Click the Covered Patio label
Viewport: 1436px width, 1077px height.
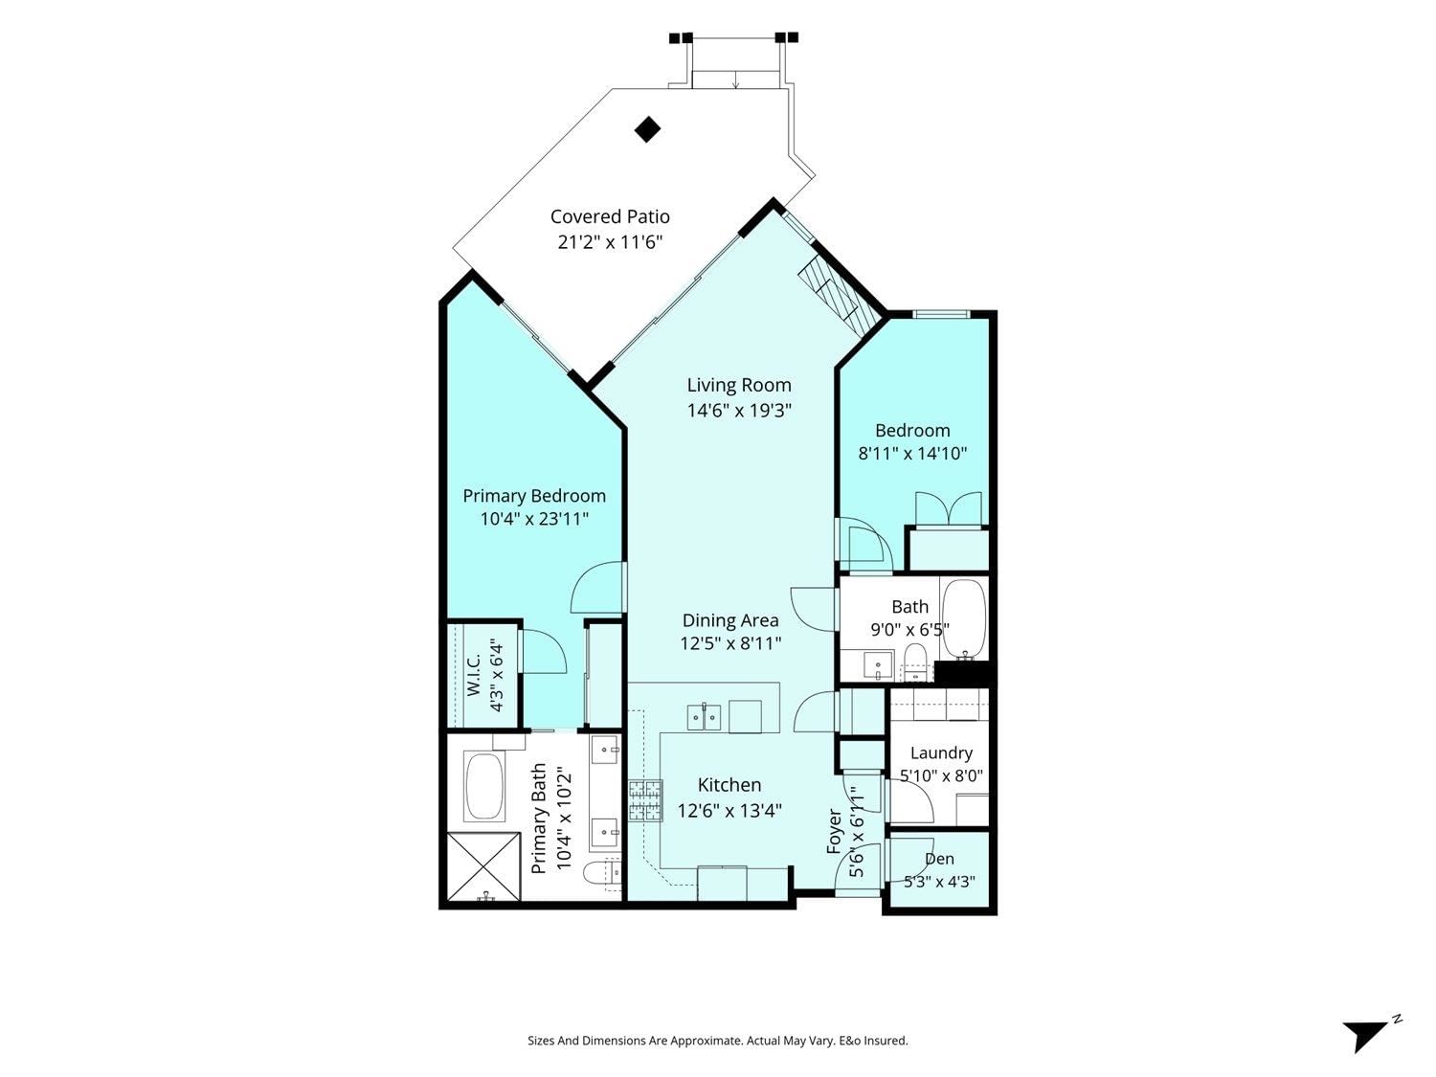pos(610,216)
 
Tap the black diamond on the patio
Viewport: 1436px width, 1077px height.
pos(647,129)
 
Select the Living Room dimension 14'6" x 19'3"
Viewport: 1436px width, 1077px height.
pos(739,411)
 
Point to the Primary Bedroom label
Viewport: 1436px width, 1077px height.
pos(534,496)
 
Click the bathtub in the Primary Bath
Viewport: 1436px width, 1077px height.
pos(483,786)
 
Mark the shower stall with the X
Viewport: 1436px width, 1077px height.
pos(482,867)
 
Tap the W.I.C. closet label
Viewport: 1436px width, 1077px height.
pos(474,675)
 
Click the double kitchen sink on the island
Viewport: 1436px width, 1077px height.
pos(704,718)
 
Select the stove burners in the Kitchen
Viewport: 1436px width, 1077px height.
pos(645,800)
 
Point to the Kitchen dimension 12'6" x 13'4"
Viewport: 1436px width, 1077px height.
pos(729,812)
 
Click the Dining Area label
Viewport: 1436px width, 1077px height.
pos(730,620)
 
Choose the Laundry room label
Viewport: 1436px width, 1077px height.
pos(941,752)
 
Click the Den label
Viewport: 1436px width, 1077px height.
pos(939,859)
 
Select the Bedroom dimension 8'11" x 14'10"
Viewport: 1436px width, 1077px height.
pos(912,453)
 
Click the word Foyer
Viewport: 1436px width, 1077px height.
pos(834,832)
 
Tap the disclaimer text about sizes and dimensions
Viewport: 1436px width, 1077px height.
pos(718,1041)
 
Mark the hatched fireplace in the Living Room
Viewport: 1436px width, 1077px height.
pos(841,296)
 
